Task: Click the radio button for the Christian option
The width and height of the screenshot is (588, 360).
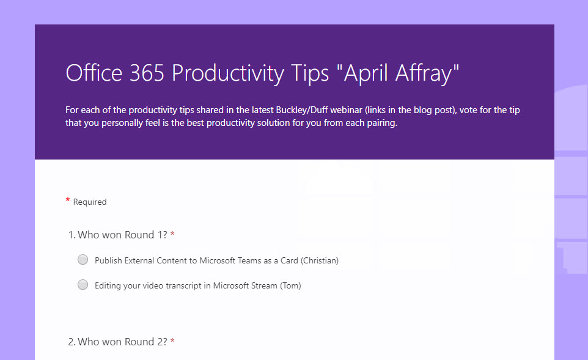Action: coord(83,260)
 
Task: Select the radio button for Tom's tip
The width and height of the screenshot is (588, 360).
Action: coord(83,285)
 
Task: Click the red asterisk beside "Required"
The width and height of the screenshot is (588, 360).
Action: coord(68,201)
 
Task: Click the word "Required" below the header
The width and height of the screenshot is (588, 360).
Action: coord(90,202)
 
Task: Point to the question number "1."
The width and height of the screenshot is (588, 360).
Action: coord(72,235)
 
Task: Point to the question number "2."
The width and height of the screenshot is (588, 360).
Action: coord(72,342)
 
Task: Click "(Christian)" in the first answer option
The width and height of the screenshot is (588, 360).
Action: coord(318,260)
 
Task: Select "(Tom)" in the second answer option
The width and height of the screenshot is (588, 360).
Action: coord(290,285)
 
